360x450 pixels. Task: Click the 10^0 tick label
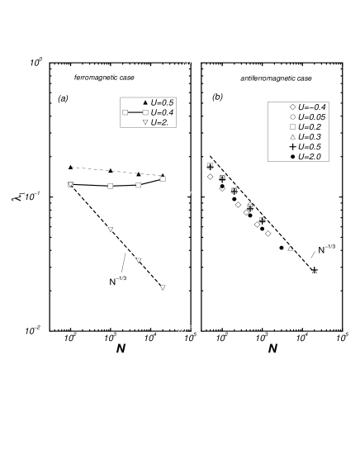[187, 62]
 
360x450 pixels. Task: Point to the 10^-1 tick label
[184, 197]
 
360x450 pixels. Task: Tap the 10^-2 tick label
[184, 330]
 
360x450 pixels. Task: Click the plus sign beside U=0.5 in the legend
[292, 147]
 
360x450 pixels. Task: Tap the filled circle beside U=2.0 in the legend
[292, 156]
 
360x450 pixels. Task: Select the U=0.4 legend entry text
[163, 111]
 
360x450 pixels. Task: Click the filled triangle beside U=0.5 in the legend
[144, 102]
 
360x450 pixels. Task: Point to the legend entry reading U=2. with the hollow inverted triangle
[160, 121]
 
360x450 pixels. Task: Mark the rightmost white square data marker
[163, 178]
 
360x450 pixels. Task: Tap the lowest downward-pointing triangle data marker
[163, 287]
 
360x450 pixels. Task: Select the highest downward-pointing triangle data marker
[110, 229]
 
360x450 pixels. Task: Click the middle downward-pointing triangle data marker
[138, 260]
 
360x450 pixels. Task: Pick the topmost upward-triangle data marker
[210, 166]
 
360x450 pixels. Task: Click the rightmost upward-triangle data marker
[314, 271]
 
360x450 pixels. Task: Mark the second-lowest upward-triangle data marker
[290, 248]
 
